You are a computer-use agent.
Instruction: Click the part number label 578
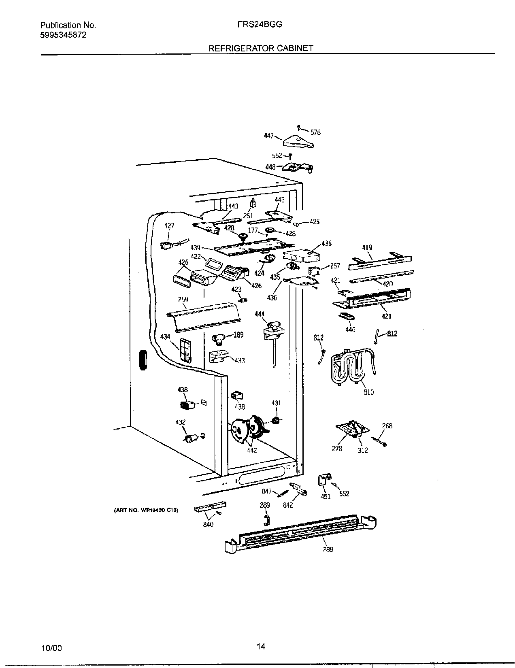click(x=316, y=132)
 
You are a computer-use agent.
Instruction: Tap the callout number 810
click(x=368, y=392)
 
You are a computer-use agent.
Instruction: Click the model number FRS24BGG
click(x=260, y=24)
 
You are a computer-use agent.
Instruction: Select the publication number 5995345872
click(x=63, y=35)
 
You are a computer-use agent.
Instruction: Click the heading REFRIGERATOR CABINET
click(x=261, y=48)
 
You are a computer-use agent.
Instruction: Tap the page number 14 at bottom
click(x=261, y=647)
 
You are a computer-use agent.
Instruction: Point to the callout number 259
click(x=183, y=300)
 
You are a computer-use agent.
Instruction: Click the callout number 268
click(x=387, y=426)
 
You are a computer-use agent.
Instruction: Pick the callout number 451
click(x=326, y=497)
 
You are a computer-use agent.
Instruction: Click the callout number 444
click(x=260, y=314)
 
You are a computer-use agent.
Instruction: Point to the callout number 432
click(x=180, y=422)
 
